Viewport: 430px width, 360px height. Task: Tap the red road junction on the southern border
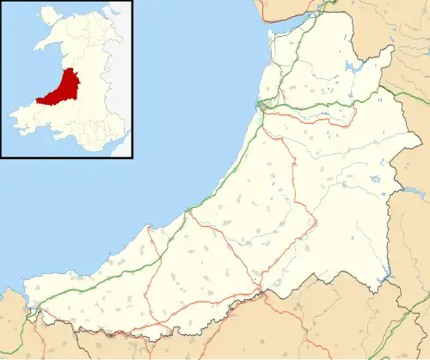[x=258, y=293]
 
